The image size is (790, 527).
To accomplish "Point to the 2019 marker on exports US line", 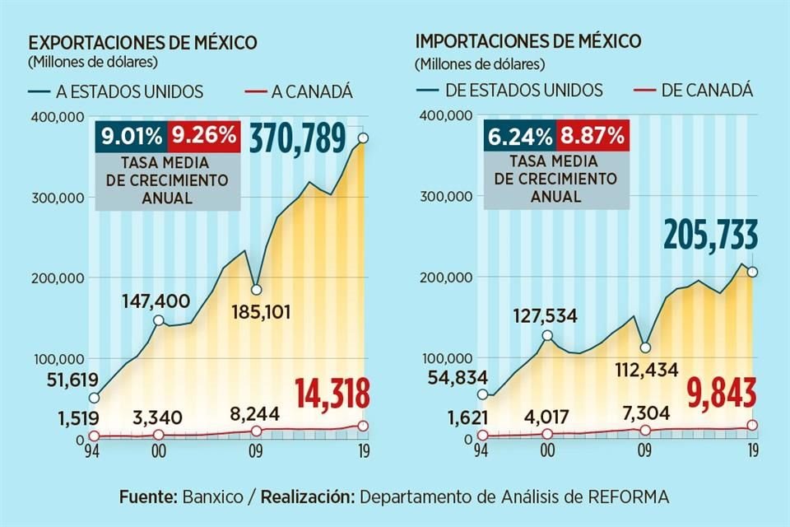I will click(x=362, y=138).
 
